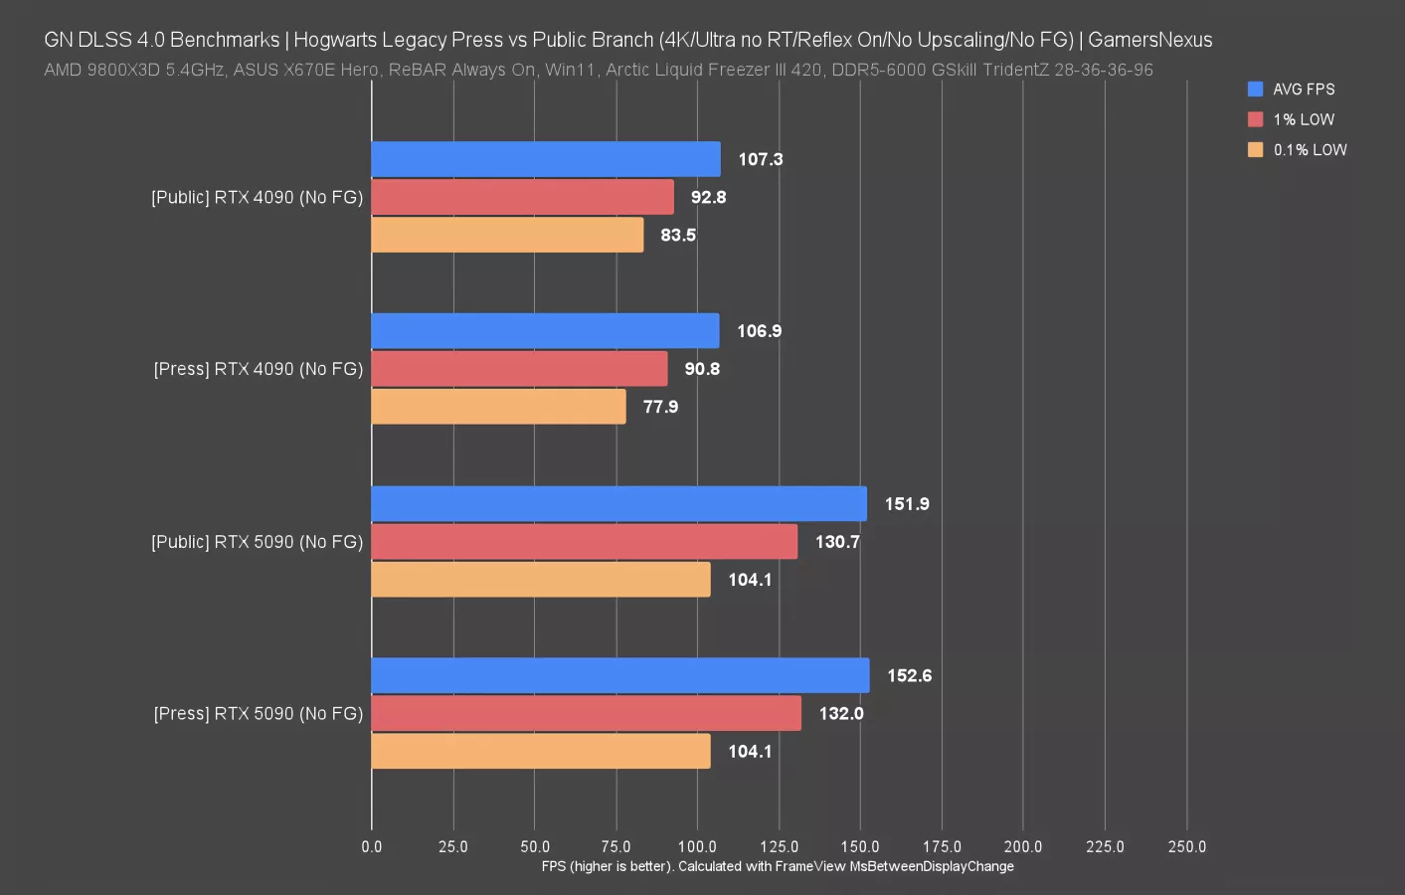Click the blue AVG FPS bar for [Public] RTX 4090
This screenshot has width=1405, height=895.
pyautogui.click(x=545, y=159)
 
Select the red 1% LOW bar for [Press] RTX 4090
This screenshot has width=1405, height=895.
pyautogui.click(x=519, y=369)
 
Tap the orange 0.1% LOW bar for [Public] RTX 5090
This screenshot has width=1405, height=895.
pyautogui.click(x=540, y=580)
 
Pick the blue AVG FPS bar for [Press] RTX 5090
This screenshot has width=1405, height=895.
pyautogui.click(x=619, y=675)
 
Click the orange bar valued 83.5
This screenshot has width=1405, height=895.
pyautogui.click(x=507, y=235)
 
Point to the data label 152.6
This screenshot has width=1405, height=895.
pyautogui.click(x=909, y=676)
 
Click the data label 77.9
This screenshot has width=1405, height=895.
pyautogui.click(x=660, y=407)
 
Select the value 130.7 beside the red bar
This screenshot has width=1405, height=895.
pyautogui.click(x=837, y=542)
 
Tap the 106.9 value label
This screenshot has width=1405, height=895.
pyautogui.click(x=759, y=331)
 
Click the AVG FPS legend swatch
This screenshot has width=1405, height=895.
pyautogui.click(x=1255, y=89)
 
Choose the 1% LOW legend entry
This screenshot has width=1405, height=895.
pyautogui.click(x=1303, y=119)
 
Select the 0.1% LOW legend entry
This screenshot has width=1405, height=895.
pyautogui.click(x=1310, y=150)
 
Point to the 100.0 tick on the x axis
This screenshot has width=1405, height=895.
pyautogui.click(x=697, y=847)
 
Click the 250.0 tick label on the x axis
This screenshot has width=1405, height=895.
pyautogui.click(x=1186, y=847)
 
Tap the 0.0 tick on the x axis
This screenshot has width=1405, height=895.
pyautogui.click(x=372, y=847)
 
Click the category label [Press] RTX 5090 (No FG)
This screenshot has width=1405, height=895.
pyautogui.click(x=258, y=714)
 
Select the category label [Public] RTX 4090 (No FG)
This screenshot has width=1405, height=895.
pyautogui.click(x=257, y=198)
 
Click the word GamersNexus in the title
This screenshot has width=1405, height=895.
pyautogui.click(x=1149, y=40)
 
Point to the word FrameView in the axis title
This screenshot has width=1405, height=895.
pyautogui.click(x=810, y=866)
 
